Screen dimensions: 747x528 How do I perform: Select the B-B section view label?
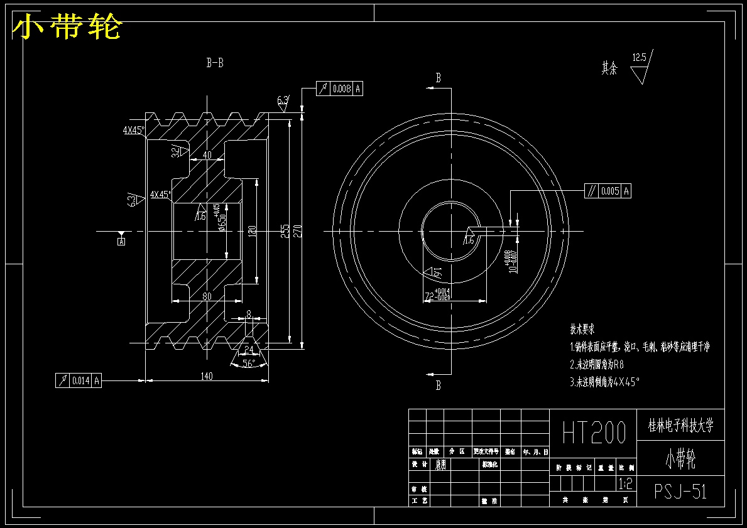point(215,63)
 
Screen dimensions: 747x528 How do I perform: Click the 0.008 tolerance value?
point(342,89)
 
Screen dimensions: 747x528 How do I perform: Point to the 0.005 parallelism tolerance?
point(610,191)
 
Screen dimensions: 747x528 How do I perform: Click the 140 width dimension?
point(207,376)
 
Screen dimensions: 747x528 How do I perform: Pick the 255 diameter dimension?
point(285,231)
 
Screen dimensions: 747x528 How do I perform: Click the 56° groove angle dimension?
point(249,364)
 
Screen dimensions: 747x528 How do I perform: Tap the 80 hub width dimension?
point(206,296)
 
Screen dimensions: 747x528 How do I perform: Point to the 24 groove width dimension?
point(249,349)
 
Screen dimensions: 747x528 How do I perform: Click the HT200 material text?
point(594,433)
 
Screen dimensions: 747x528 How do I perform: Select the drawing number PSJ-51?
point(680,492)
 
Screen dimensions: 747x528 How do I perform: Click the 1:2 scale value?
point(626,484)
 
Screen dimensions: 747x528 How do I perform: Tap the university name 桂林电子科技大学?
point(680,426)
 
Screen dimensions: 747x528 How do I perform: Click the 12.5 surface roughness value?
point(639,58)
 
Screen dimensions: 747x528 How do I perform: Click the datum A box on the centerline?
point(121,240)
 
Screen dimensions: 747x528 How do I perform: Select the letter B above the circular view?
point(439,78)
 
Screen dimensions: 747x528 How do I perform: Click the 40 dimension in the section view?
point(207,155)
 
